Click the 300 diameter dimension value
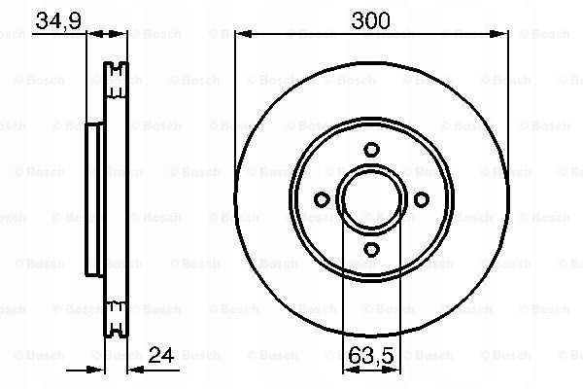[370, 20]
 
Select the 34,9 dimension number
[58, 20]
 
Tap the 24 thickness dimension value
[161, 355]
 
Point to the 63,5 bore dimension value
[371, 356]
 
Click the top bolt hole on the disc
[371, 150]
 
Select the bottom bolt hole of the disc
[371, 249]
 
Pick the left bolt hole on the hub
[322, 199]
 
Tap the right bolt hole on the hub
[422, 199]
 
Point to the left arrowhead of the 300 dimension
[244, 34]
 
